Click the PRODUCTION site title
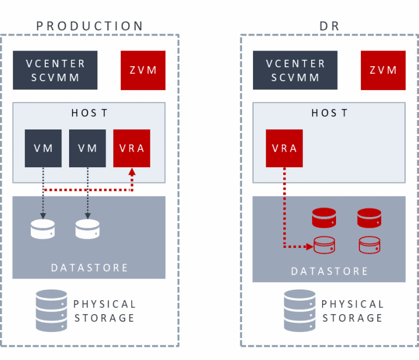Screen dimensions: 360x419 [90, 26]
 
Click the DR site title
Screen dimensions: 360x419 [330, 26]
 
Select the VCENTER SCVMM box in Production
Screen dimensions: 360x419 [55, 70]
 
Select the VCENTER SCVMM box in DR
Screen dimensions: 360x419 [295, 70]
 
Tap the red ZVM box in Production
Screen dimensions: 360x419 [143, 70]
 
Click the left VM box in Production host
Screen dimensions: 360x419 [44, 148]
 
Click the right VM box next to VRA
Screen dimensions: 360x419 [88, 148]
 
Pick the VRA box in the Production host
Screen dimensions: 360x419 [132, 148]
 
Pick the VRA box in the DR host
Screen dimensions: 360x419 [284, 148]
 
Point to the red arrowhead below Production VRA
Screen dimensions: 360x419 [132, 172]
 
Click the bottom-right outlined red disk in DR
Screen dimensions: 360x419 [369, 245]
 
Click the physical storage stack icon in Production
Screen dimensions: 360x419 [51, 310]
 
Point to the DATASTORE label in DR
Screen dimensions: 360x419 [330, 271]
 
